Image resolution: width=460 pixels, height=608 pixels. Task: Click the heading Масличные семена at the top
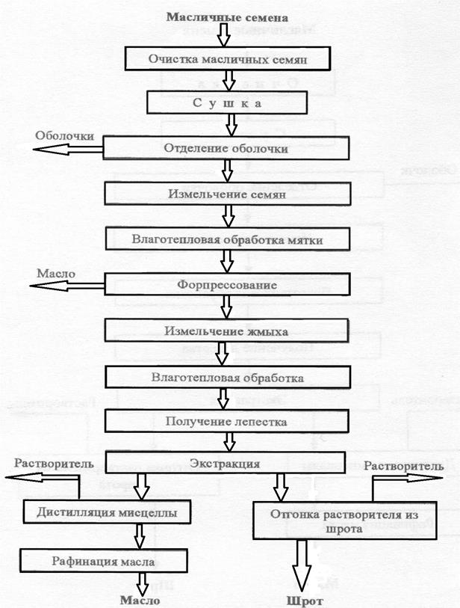tap(227, 16)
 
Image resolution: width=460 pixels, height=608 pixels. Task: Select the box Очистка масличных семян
tap(227, 58)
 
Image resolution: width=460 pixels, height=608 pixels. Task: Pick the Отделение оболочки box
tap(226, 147)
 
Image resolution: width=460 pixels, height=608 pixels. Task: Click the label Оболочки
tap(64, 136)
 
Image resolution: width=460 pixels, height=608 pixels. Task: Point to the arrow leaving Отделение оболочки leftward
tap(67, 150)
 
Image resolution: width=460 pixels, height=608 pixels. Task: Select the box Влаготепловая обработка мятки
tap(227, 239)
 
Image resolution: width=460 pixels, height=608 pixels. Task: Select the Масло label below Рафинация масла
tap(140, 600)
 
